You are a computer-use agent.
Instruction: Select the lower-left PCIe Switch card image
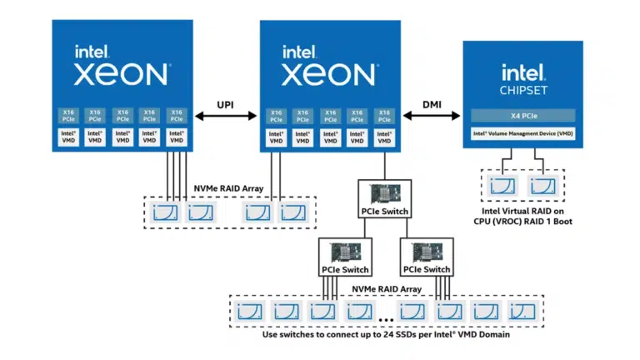click(x=345, y=252)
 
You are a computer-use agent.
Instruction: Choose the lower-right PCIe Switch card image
click(x=426, y=252)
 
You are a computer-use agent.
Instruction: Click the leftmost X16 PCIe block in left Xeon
click(x=67, y=115)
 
